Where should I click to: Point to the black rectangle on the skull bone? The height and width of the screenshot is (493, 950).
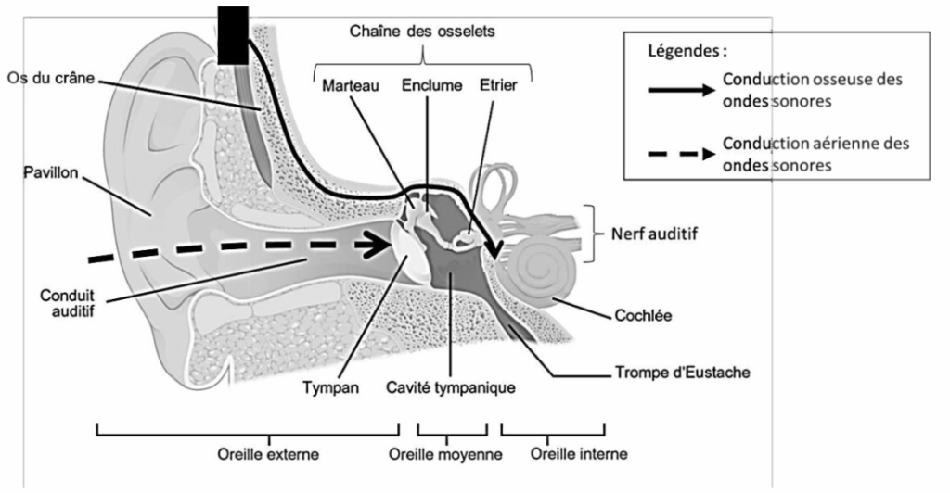click(x=232, y=35)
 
